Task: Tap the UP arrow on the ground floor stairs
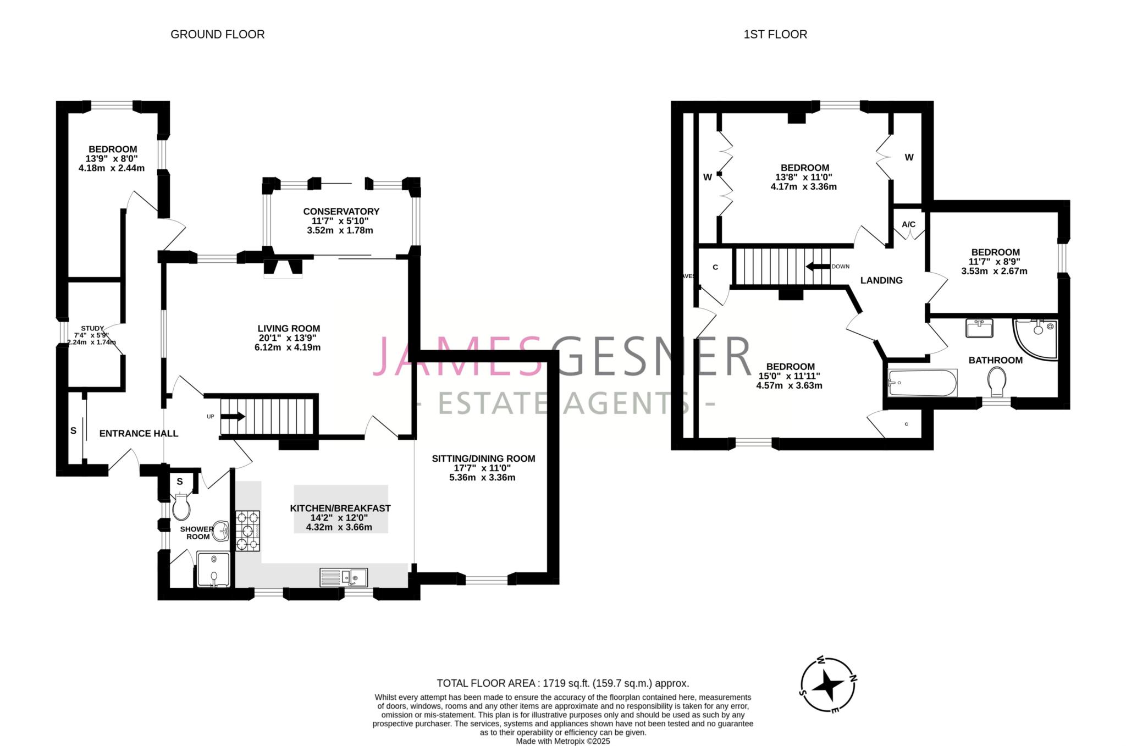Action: point(233,417)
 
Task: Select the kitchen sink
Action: point(344,577)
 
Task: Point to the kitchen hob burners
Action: point(247,531)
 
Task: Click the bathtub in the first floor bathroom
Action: point(923,383)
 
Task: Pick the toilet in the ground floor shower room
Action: point(181,507)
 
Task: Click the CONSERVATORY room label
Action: point(341,211)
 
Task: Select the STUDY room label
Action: point(92,328)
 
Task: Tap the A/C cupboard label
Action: point(909,224)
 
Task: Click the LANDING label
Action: point(881,280)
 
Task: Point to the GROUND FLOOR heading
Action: point(218,34)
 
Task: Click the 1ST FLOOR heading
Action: point(775,34)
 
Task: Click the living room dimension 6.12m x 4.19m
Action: point(288,347)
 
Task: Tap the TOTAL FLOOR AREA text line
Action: point(563,683)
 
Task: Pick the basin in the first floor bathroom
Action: point(979,328)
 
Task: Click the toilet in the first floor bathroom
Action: point(997,382)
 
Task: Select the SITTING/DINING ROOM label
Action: point(483,458)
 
